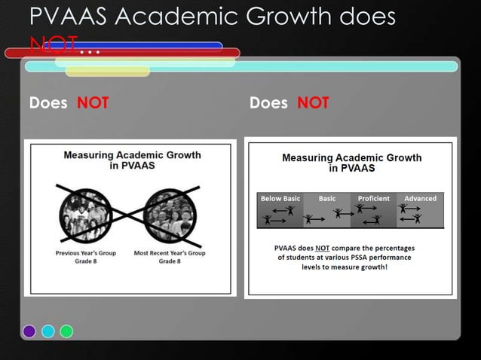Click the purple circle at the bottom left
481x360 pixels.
[x=29, y=331]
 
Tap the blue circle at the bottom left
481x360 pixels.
[x=48, y=331]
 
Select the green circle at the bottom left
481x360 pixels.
[x=66, y=331]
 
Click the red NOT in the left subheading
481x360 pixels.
[x=93, y=103]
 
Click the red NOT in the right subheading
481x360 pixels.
[x=313, y=103]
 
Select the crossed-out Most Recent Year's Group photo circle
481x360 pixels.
[x=170, y=213]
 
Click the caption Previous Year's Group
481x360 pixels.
[x=86, y=253]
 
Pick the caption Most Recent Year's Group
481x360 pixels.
[x=170, y=253]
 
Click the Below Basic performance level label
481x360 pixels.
[x=280, y=199]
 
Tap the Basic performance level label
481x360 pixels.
[x=327, y=199]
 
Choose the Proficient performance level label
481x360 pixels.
[x=373, y=199]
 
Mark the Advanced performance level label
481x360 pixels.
[x=420, y=199]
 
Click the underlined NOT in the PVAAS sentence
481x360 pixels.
[x=323, y=247]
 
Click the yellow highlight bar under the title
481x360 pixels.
[x=108, y=72]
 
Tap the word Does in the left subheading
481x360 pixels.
[x=47, y=103]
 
